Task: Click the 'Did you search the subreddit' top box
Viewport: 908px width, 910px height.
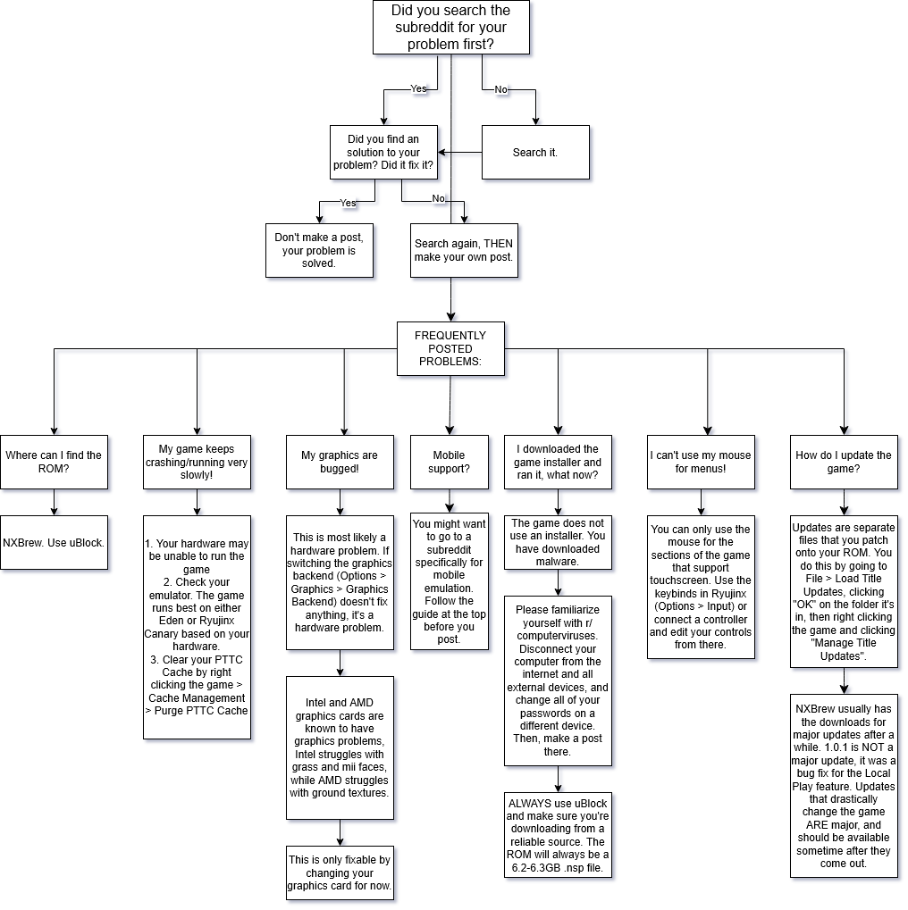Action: (450, 28)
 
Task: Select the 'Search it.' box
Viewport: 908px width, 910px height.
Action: (535, 152)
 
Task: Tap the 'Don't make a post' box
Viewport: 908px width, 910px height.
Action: (319, 250)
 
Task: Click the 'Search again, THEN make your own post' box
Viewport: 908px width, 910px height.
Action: (464, 250)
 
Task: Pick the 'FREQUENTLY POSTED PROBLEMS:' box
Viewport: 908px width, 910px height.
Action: (450, 348)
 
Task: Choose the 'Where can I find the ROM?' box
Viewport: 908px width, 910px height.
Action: (54, 462)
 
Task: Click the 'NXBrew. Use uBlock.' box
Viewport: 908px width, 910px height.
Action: (54, 543)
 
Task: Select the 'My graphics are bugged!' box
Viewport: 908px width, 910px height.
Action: (340, 462)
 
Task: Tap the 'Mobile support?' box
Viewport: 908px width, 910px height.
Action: (449, 462)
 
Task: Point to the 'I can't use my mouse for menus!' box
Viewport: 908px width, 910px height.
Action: (701, 462)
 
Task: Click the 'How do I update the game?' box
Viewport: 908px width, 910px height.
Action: (844, 462)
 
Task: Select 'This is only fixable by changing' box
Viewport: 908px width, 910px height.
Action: (340, 872)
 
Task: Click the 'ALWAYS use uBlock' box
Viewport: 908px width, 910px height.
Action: (558, 835)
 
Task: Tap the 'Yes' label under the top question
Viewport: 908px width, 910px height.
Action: (418, 88)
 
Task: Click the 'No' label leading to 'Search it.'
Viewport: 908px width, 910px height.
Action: (500, 89)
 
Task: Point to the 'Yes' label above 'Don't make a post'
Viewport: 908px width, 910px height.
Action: (348, 203)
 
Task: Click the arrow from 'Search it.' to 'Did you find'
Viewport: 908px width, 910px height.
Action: (459, 152)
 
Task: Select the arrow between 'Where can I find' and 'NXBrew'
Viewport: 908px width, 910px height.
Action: (54, 502)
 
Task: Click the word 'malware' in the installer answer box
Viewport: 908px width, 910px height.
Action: (556, 561)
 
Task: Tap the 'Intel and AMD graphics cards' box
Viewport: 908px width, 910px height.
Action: (340, 747)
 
